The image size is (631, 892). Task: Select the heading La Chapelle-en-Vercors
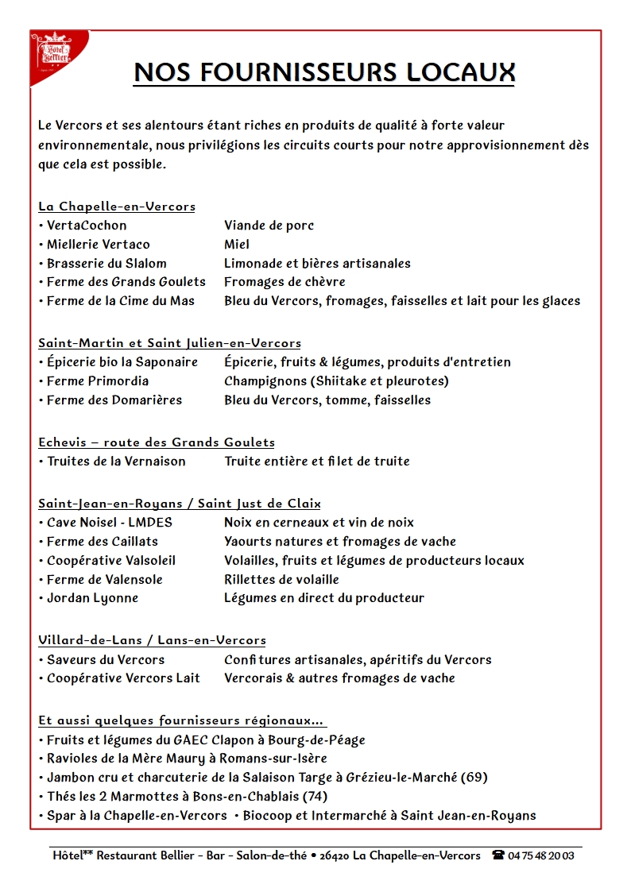(117, 207)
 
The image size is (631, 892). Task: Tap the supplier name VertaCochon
(86, 226)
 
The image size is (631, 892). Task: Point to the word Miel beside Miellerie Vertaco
(237, 245)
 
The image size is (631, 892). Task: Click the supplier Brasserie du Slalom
(106, 264)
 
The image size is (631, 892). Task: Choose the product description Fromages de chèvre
(285, 282)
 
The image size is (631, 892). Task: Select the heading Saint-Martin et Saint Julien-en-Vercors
(169, 343)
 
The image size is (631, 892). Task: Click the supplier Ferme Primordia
(97, 381)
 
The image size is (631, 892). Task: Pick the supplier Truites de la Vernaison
(116, 461)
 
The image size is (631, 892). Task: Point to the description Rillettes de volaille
(281, 580)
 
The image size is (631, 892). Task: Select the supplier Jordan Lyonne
(92, 598)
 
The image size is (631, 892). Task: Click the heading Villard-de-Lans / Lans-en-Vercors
(152, 640)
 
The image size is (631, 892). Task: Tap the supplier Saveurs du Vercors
(106, 660)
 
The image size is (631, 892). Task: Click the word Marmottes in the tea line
(133, 796)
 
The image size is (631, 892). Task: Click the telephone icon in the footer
(498, 855)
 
